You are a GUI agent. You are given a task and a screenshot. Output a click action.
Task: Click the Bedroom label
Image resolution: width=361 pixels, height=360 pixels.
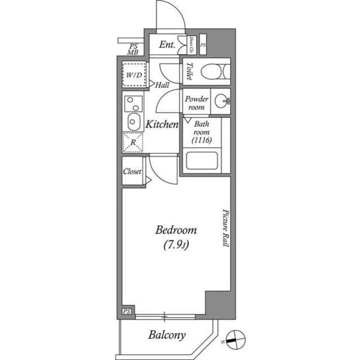pyautogui.click(x=176, y=230)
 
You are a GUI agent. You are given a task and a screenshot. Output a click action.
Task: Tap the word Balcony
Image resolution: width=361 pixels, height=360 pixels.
pyautogui.click(x=167, y=335)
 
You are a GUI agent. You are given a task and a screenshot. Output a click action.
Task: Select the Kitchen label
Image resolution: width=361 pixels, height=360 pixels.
pyautogui.click(x=162, y=125)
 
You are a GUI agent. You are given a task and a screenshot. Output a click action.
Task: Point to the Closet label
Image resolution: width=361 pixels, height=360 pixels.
pyautogui.click(x=132, y=171)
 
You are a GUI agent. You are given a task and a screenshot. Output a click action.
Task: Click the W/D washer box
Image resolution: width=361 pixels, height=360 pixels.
pyautogui.click(x=134, y=75)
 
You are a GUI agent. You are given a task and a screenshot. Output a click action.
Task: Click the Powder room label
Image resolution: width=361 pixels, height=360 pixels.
pyautogui.click(x=196, y=103)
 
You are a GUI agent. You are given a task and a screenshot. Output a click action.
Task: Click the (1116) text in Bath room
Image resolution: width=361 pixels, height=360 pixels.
pyautogui.click(x=201, y=141)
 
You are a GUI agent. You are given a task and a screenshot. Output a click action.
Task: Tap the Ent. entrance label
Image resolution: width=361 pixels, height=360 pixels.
pyautogui.click(x=168, y=45)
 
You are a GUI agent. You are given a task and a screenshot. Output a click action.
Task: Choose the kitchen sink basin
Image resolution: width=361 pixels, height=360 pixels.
pyautogui.click(x=133, y=121)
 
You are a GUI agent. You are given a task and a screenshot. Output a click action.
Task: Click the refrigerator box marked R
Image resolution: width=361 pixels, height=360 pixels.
pyautogui.click(x=133, y=143)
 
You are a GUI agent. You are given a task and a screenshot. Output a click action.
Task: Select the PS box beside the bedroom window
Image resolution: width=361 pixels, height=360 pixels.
pyautogui.click(x=127, y=311)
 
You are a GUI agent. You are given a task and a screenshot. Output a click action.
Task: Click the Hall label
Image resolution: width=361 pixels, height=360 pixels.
pyautogui.click(x=162, y=85)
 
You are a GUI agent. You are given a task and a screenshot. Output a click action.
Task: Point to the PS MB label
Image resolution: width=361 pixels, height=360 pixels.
pyautogui.click(x=133, y=49)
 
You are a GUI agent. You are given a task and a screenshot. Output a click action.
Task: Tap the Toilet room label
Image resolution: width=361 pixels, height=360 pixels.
pyautogui.click(x=188, y=72)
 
